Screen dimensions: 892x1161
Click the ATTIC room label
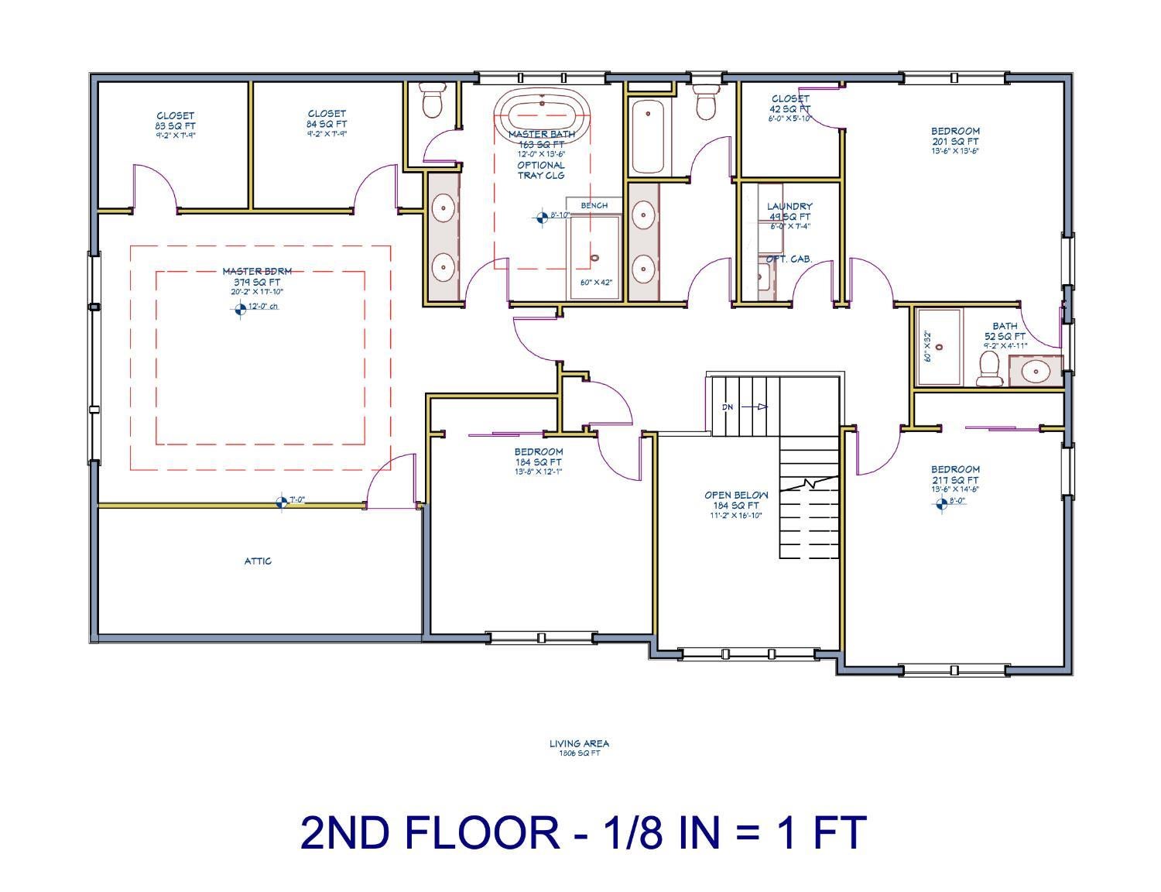[258, 561]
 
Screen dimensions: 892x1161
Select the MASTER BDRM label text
[257, 272]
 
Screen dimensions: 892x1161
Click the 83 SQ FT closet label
[175, 125]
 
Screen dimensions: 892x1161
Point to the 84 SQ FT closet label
[327, 123]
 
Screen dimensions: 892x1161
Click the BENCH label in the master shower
[594, 205]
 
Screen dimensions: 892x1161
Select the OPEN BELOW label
[736, 496]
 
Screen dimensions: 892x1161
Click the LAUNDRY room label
[789, 207]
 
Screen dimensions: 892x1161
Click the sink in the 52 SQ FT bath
[1036, 372]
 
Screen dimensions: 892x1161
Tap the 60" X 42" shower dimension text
[596, 283]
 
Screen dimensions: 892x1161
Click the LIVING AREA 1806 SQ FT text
[579, 747]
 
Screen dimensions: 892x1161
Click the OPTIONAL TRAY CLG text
[541, 170]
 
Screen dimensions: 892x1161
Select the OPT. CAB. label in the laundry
[789, 259]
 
